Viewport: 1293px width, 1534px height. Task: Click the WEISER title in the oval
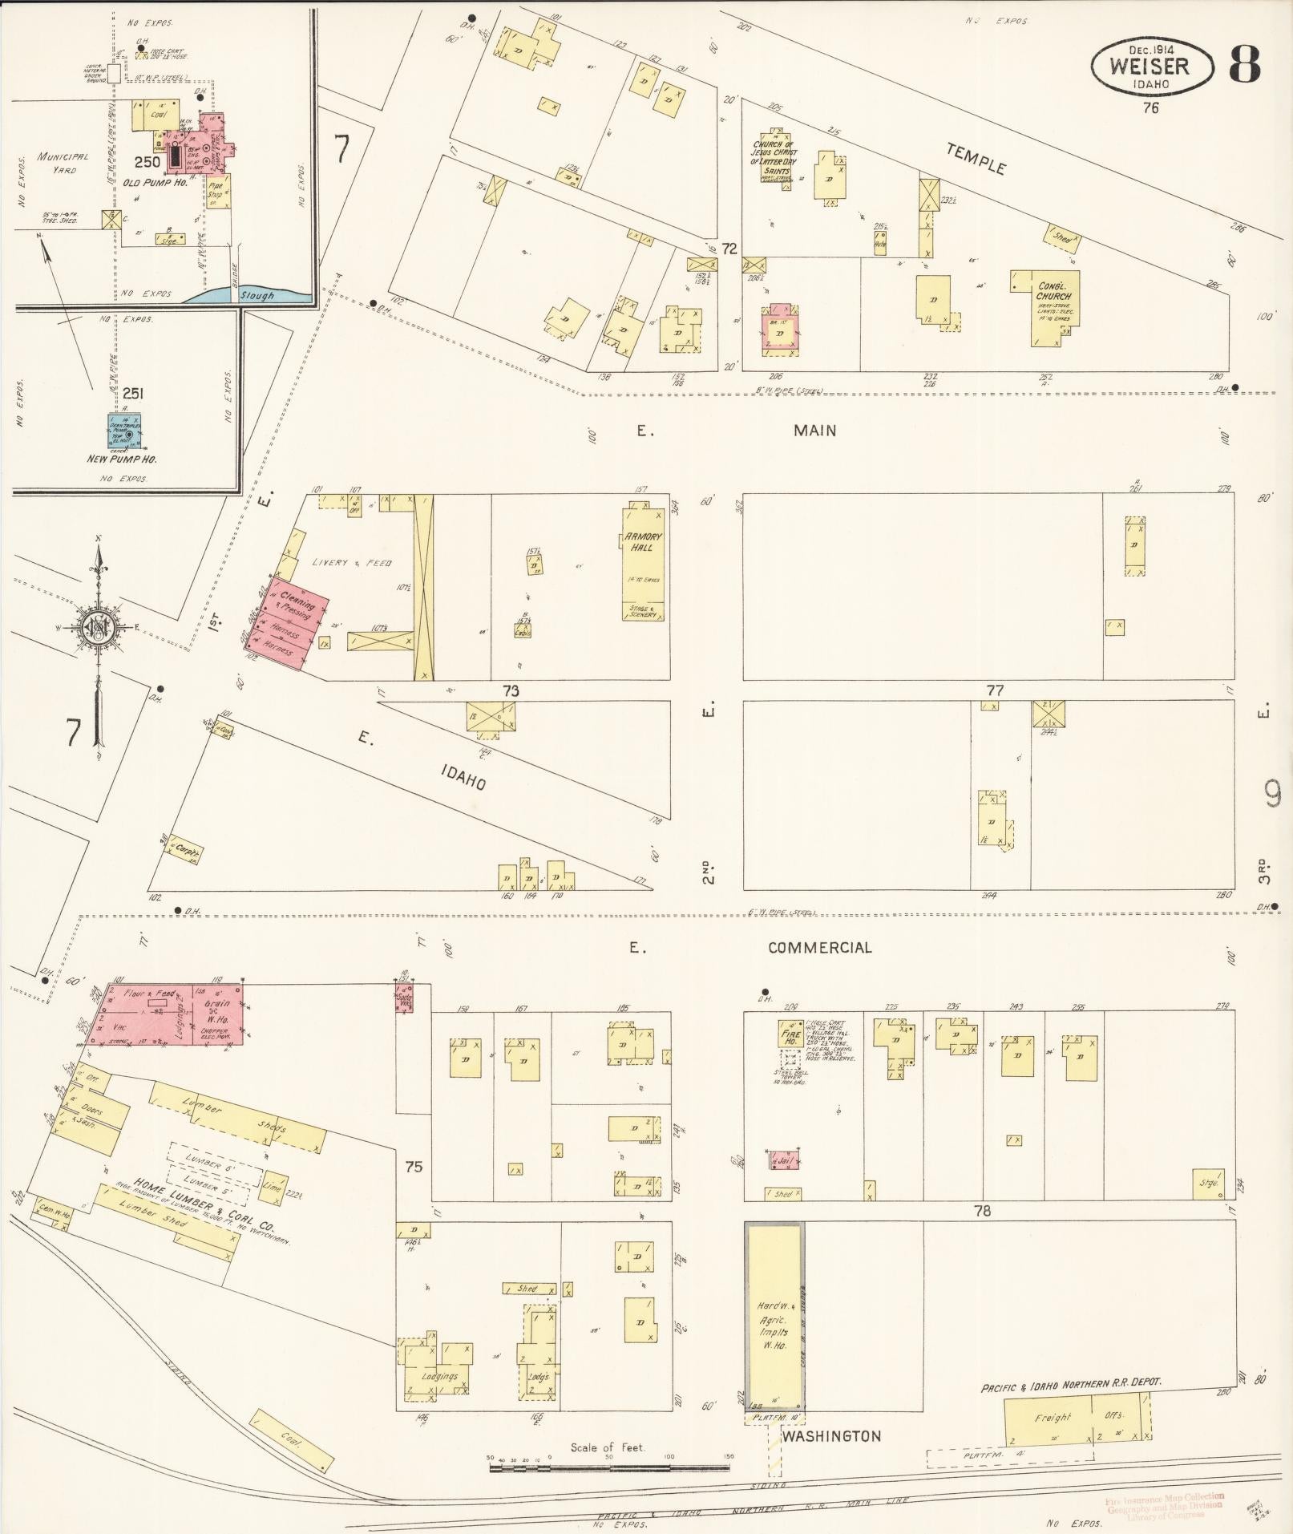[x=1150, y=67]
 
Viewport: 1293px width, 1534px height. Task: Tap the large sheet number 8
[x=1244, y=65]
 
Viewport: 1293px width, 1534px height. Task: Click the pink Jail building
[x=784, y=1160]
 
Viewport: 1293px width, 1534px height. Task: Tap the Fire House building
[x=790, y=1034]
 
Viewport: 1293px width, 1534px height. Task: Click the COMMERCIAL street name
[x=818, y=947]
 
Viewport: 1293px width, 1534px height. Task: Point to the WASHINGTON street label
[x=830, y=1436]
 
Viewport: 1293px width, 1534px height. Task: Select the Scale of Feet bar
[x=609, y=1467]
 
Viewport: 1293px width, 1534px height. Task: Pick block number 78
[x=982, y=1211]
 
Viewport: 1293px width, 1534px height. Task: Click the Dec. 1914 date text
[x=1150, y=48]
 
